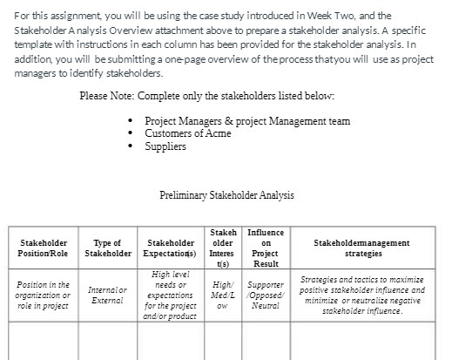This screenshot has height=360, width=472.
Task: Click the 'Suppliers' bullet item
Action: pos(165,146)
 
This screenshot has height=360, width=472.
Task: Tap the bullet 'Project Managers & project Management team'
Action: pos(247,121)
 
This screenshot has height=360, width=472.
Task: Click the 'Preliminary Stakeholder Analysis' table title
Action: pos(227,195)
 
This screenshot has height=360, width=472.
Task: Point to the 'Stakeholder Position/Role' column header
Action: pos(44,248)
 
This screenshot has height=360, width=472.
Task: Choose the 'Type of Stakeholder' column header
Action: pos(107,248)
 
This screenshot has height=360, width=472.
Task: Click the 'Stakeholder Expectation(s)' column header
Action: pos(171,248)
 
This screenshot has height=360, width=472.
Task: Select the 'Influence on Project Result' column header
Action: pos(266,248)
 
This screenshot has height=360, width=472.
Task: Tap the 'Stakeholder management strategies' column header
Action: pos(363,248)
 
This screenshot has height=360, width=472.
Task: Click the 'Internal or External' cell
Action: pos(107,295)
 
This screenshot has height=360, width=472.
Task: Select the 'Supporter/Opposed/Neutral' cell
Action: pos(266,295)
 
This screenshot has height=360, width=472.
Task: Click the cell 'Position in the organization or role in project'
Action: pos(44,295)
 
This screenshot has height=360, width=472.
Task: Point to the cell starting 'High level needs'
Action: pos(171,295)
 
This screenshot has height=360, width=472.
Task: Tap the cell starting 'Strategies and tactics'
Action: pos(363,295)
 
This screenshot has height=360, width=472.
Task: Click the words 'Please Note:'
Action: pos(108,96)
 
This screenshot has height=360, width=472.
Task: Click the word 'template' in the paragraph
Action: pos(32,43)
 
